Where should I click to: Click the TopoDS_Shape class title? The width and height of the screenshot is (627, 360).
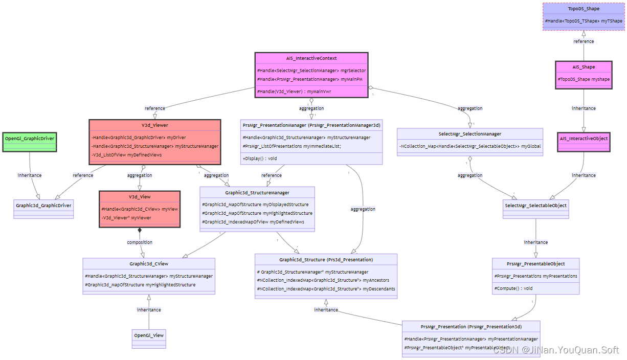[584, 9]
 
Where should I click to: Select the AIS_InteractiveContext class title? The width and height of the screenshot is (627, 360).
[311, 58]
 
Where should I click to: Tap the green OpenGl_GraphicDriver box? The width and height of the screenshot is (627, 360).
[29, 139]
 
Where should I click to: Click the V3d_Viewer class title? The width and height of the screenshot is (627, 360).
[155, 125]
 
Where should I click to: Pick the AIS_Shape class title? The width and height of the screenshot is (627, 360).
[584, 67]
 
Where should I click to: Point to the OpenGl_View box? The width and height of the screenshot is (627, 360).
[149, 335]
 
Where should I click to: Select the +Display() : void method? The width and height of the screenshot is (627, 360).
[260, 159]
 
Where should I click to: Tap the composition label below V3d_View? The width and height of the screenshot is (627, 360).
[140, 242]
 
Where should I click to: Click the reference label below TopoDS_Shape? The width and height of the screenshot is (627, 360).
[584, 41]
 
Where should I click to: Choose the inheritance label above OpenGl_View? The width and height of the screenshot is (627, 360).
[149, 310]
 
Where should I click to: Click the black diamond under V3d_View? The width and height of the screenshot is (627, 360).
[140, 231]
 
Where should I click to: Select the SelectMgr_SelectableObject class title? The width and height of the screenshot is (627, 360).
[535, 206]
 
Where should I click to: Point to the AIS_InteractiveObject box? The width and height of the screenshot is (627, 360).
[584, 139]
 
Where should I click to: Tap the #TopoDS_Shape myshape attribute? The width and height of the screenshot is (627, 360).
[584, 79]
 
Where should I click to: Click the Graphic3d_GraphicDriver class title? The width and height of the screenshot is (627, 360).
[43, 206]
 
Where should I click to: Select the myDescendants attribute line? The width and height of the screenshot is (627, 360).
[326, 289]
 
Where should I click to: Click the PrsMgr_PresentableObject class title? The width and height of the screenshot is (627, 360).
[535, 264]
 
